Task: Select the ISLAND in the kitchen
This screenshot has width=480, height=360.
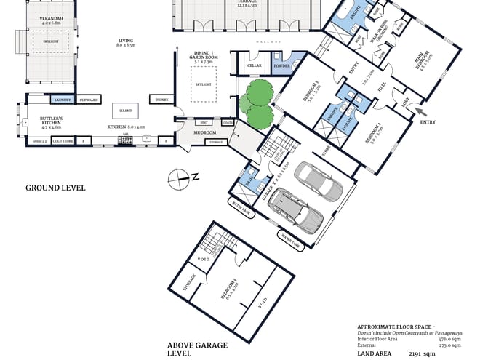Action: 126,111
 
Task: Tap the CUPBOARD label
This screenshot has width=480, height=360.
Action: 89,99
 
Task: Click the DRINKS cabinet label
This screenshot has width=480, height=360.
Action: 161,99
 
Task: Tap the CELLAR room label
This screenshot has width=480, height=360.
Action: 255,66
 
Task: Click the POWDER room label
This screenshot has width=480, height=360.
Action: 281,66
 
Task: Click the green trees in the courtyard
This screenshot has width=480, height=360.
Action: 257,102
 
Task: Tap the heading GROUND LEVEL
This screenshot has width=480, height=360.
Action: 55,188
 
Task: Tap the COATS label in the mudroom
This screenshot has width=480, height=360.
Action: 228,122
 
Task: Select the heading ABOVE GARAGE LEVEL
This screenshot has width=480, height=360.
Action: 198,349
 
